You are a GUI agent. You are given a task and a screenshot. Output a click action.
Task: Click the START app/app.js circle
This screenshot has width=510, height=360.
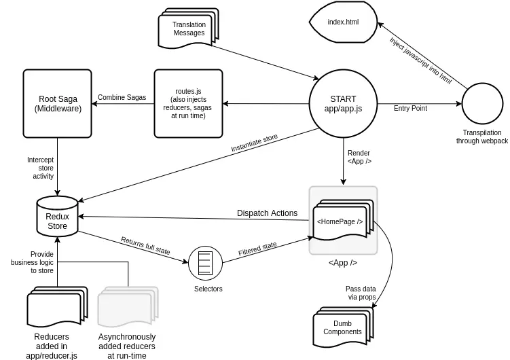tap(343, 104)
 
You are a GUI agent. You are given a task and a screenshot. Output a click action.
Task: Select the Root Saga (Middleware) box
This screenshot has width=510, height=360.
tap(58, 103)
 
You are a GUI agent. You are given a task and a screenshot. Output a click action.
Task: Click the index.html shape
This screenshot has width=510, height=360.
tap(343, 22)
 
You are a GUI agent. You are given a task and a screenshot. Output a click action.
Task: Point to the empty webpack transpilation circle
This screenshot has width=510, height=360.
tap(481, 104)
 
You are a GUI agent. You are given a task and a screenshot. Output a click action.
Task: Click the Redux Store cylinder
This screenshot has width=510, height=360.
tap(57, 216)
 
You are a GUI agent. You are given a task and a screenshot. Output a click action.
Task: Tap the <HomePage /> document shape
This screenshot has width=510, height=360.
tap(340, 221)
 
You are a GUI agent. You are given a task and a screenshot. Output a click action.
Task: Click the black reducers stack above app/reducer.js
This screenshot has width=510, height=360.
tap(55, 308)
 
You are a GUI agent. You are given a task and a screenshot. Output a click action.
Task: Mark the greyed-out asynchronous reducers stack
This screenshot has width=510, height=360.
tap(126, 308)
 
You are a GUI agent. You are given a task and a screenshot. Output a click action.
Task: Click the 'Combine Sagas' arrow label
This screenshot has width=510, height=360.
tap(123, 97)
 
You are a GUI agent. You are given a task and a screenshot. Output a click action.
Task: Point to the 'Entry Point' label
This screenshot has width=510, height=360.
tap(410, 108)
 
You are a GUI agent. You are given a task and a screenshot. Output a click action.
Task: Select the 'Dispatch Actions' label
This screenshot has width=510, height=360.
tap(267, 213)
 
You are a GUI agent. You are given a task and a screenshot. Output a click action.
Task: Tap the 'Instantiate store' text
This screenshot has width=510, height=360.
tap(254, 143)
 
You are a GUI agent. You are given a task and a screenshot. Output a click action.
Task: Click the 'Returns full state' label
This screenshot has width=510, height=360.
tap(145, 245)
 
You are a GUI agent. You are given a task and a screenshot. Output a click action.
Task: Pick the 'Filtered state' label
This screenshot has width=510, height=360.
tap(257, 249)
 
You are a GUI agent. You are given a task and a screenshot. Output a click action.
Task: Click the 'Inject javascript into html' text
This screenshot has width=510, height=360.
tap(420, 60)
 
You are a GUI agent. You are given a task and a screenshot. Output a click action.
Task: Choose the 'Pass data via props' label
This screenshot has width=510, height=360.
tap(360, 293)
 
